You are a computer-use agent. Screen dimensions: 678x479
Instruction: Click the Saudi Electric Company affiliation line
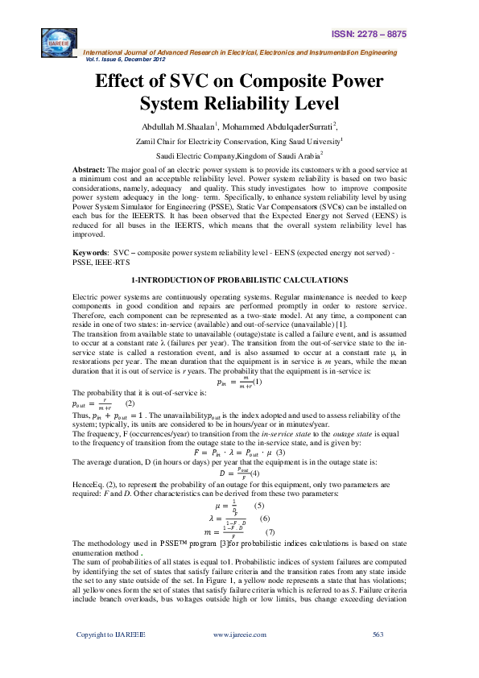[x=239, y=156]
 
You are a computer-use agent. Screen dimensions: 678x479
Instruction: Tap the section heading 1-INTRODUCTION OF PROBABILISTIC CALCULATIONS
[x=240, y=279]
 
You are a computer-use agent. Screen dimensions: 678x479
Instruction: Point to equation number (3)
[x=280, y=452]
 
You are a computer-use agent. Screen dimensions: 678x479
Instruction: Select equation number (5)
[x=258, y=505]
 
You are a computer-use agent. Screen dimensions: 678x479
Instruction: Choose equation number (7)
[x=270, y=532]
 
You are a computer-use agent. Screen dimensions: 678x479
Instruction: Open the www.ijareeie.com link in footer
[x=239, y=657]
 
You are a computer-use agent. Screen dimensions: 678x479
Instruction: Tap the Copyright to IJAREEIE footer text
[x=110, y=657]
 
